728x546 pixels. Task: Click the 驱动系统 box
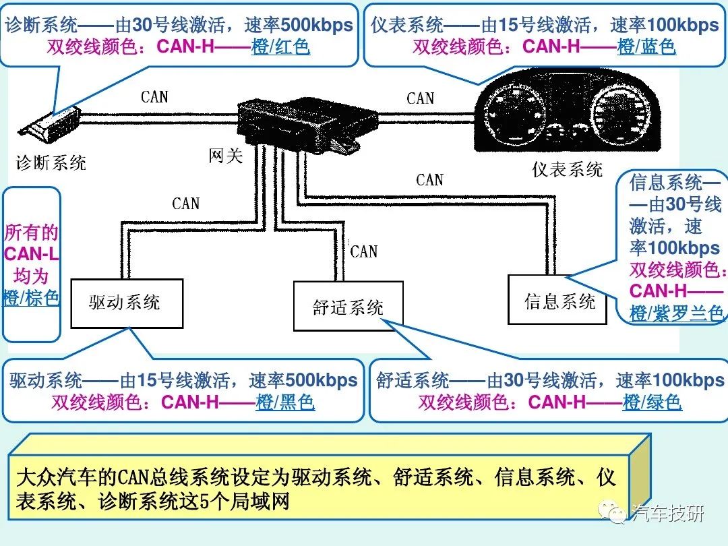127,303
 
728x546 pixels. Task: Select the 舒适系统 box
348,307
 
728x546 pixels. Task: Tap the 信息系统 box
559,301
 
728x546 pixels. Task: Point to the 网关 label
225,156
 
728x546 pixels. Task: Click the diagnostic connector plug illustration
50,125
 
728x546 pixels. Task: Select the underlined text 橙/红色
280,47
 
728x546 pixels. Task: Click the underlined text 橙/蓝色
646,47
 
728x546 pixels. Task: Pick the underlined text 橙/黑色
285,402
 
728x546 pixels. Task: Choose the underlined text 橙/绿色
652,402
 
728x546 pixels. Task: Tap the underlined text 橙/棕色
32,297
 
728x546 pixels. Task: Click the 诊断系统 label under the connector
51,162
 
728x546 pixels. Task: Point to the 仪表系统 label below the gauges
567,169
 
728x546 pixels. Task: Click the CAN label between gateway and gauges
421,98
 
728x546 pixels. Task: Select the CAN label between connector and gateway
154,97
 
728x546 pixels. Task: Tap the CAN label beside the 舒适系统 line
364,251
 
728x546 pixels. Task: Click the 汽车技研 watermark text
667,513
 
